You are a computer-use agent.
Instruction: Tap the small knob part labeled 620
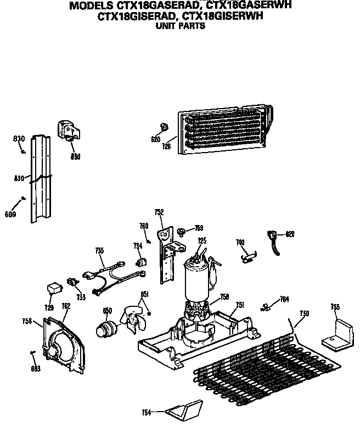[x=162, y=127]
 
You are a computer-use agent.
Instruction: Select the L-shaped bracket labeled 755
[x=336, y=336]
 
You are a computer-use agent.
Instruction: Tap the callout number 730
[x=304, y=313]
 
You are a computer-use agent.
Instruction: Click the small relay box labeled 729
[x=53, y=287]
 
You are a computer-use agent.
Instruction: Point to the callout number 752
[x=159, y=212]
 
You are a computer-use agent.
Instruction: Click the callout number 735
[x=99, y=250]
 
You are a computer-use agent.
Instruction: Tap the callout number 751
[x=240, y=305]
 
